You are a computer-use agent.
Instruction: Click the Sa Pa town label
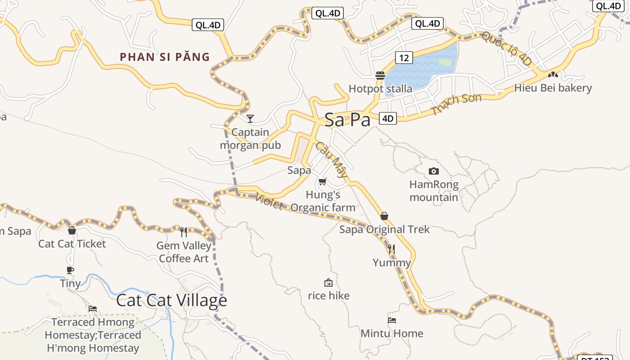(x=347, y=120)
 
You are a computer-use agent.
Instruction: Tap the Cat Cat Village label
(x=171, y=300)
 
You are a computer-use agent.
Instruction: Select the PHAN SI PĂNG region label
(x=165, y=57)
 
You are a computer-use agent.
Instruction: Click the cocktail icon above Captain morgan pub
(x=250, y=119)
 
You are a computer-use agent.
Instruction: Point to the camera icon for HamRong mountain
(x=434, y=171)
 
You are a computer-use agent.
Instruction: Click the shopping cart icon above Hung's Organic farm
(x=322, y=182)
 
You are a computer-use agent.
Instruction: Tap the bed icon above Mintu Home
(x=392, y=320)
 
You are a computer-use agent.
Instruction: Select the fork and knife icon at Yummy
(x=391, y=249)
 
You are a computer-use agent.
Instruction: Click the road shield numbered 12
(x=404, y=58)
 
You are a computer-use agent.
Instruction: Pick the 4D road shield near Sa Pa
(x=388, y=118)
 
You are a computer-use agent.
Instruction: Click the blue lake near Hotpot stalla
(x=423, y=67)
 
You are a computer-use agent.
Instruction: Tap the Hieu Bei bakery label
(x=553, y=88)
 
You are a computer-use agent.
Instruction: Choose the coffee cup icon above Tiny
(x=70, y=270)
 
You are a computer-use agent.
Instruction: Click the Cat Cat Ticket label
(x=72, y=244)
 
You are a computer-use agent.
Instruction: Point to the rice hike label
(x=328, y=296)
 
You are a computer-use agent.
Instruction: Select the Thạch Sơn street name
(x=456, y=104)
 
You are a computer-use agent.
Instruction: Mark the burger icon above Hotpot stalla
(x=380, y=75)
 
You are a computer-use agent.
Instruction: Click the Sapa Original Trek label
(x=384, y=229)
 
